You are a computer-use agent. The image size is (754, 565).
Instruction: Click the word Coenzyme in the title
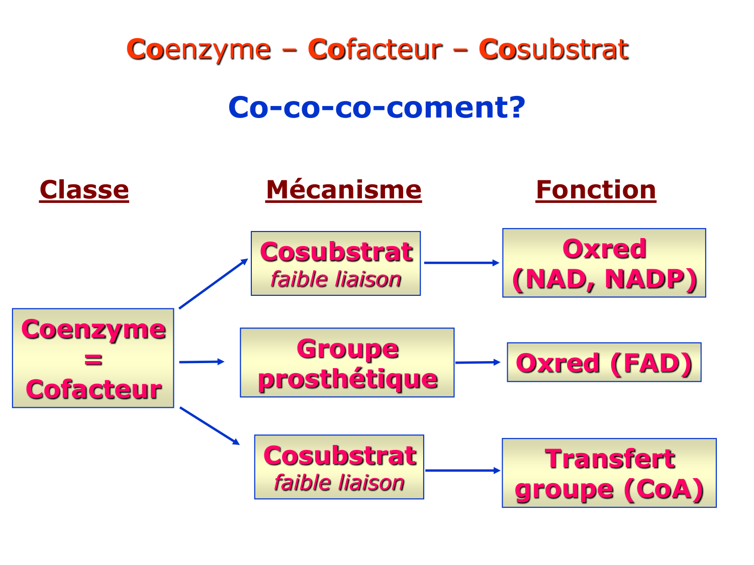pyautogui.click(x=199, y=49)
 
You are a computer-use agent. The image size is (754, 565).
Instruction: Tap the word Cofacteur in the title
pyautogui.click(x=375, y=49)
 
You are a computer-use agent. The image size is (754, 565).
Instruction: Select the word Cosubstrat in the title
pyautogui.click(x=553, y=49)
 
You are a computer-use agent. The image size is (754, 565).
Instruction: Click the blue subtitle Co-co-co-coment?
pyautogui.click(x=376, y=107)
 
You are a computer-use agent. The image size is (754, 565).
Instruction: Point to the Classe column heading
pyautogui.click(x=84, y=190)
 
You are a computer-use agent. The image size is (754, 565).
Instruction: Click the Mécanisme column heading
pyautogui.click(x=343, y=190)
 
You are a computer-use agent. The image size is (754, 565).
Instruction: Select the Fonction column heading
pyautogui.click(x=596, y=190)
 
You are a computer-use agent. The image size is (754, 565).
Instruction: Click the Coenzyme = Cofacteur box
pyautogui.click(x=93, y=358)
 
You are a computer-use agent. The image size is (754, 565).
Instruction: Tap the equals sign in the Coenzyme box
pyautogui.click(x=93, y=360)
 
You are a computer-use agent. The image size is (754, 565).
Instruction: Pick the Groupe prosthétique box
pyautogui.click(x=347, y=363)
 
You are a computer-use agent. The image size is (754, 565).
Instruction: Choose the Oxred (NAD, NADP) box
pyautogui.click(x=604, y=263)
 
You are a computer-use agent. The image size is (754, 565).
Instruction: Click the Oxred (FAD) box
pyautogui.click(x=604, y=363)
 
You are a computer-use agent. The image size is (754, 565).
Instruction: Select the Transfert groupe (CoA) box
pyautogui.click(x=609, y=473)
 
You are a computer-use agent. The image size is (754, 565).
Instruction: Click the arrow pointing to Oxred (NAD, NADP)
pyautogui.click(x=461, y=263)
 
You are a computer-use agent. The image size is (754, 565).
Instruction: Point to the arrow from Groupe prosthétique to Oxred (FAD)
pyautogui.click(x=478, y=362)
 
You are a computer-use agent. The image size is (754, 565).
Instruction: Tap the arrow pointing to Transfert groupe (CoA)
pyautogui.click(x=462, y=471)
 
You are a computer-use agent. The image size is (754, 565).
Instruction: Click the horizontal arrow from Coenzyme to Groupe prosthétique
pyautogui.click(x=201, y=362)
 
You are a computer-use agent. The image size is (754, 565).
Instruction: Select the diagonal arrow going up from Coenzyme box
pyautogui.click(x=213, y=284)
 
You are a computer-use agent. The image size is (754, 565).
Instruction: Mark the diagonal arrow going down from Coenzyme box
pyautogui.click(x=209, y=426)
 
